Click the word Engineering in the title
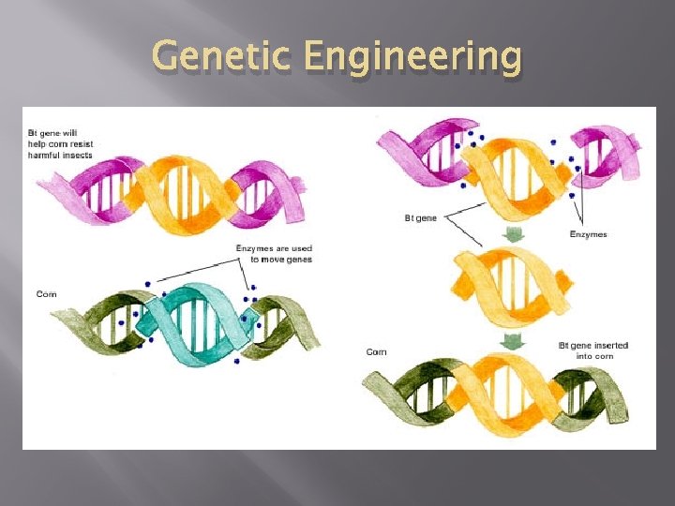[x=412, y=58]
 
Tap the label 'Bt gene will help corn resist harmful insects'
[x=60, y=144]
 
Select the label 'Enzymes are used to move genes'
[x=274, y=253]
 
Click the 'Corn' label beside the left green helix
[x=47, y=294]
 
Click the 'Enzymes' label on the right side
[x=588, y=234]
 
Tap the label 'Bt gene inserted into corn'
[x=592, y=350]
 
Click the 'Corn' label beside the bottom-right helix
[x=376, y=352]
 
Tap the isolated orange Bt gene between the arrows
[x=511, y=285]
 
